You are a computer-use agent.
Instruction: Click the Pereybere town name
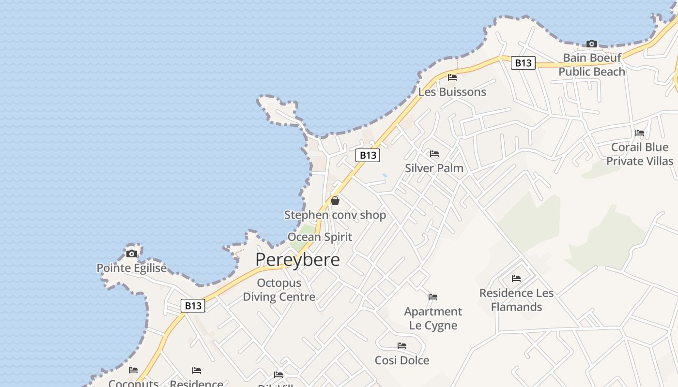(x=297, y=260)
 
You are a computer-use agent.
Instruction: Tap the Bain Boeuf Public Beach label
(x=592, y=65)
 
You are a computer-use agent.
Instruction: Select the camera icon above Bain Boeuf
(x=591, y=44)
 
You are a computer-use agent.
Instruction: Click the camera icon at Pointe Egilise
(x=131, y=253)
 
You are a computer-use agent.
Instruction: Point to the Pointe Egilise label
(x=131, y=268)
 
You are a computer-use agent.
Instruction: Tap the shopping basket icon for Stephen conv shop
(x=335, y=201)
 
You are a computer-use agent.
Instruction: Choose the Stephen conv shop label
(x=335, y=215)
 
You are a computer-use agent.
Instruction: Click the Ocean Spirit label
(x=320, y=237)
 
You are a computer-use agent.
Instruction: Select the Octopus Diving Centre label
(x=279, y=290)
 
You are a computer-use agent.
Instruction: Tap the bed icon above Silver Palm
(x=434, y=154)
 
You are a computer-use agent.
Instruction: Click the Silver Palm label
(x=434, y=168)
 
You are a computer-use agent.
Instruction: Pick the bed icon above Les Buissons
(x=452, y=77)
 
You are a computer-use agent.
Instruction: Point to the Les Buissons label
(x=452, y=92)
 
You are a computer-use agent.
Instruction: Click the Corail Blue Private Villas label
(x=640, y=154)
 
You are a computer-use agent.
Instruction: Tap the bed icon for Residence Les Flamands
(x=516, y=279)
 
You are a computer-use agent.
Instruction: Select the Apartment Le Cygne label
(x=433, y=318)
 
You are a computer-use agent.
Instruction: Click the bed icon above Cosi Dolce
(x=402, y=346)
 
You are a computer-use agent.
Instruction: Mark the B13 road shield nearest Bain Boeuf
(x=523, y=63)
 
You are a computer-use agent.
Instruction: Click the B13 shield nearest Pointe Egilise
(x=193, y=306)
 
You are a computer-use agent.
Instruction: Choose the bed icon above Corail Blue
(x=640, y=133)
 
